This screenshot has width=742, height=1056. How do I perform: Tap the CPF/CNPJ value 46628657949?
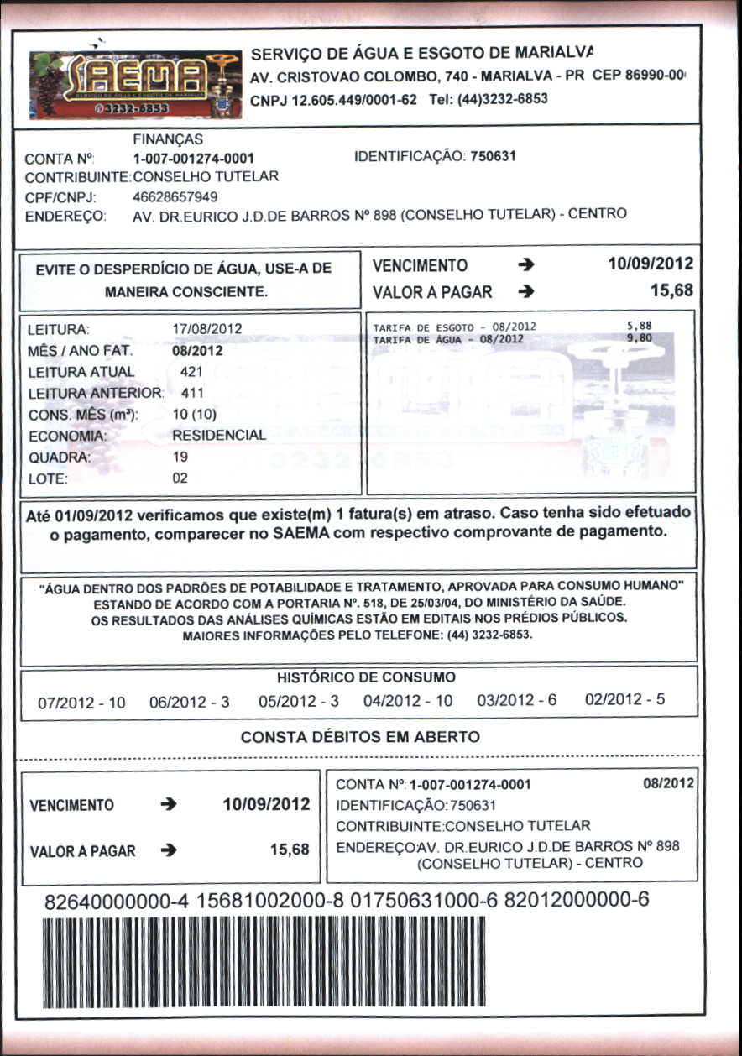(175, 197)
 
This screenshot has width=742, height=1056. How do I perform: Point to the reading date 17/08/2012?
(206, 329)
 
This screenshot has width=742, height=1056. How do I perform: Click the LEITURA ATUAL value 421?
(192, 371)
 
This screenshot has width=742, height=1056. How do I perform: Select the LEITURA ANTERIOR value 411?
(192, 392)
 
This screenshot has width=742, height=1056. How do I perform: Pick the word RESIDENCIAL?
(218, 436)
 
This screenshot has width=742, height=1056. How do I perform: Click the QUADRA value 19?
(180, 457)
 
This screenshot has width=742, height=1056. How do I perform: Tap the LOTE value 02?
(180, 478)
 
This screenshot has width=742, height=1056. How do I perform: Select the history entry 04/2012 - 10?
(408, 700)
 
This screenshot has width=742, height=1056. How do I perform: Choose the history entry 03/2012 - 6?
(516, 700)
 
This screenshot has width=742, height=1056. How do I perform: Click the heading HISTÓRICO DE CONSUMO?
(366, 677)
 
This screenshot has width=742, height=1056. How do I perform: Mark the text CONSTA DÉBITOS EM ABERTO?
(360, 737)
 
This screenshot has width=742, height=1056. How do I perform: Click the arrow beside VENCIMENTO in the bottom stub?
(169, 805)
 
